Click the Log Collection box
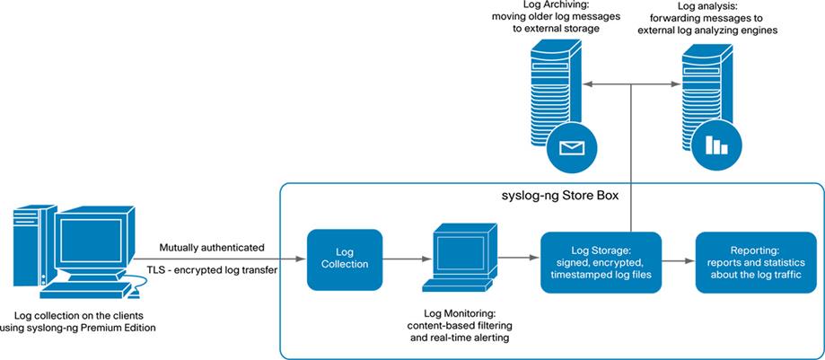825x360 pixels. (344, 259)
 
